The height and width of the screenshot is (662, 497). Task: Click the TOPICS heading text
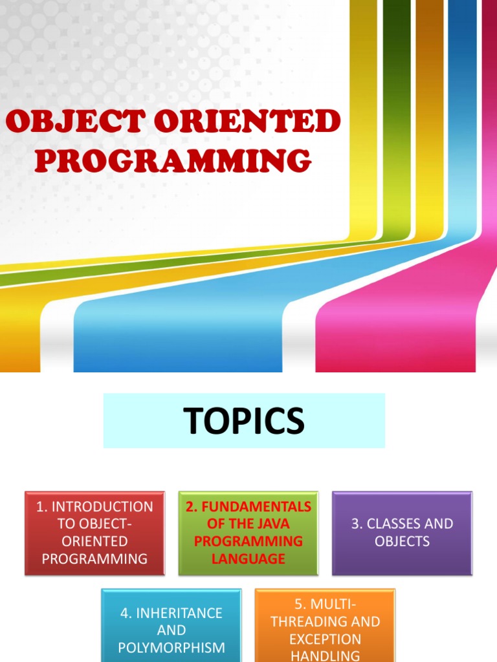pyautogui.click(x=244, y=421)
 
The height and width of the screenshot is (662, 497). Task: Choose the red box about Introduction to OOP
pyautogui.click(x=94, y=533)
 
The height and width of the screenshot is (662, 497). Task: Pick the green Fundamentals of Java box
pyautogui.click(x=248, y=533)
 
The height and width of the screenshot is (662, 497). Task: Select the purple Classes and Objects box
pyautogui.click(x=402, y=533)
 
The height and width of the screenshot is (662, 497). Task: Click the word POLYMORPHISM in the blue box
pyautogui.click(x=171, y=647)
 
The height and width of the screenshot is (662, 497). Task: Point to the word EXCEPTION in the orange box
pyautogui.click(x=325, y=639)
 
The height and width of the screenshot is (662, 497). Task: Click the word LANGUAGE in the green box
pyautogui.click(x=248, y=559)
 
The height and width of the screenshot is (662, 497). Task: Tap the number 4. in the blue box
pyautogui.click(x=126, y=612)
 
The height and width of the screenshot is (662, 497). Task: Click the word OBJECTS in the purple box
pyautogui.click(x=402, y=541)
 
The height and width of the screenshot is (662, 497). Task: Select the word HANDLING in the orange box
pyautogui.click(x=325, y=655)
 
